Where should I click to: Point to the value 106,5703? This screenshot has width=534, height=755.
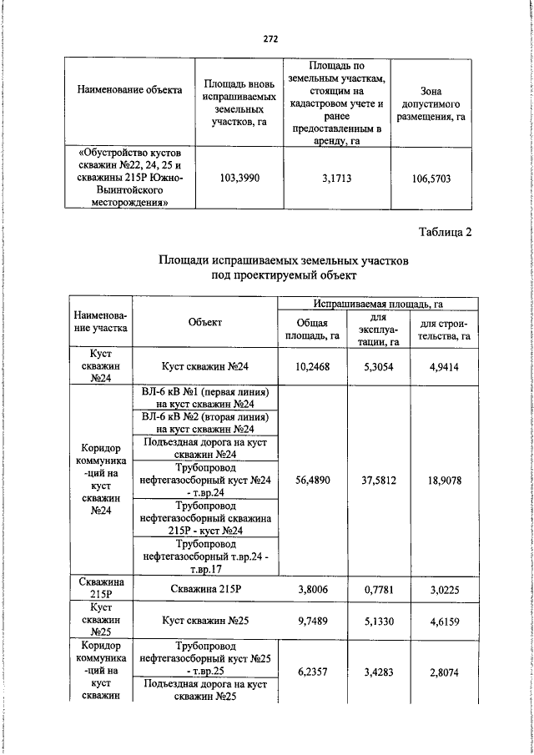point(431,178)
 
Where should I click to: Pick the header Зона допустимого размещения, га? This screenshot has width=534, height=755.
point(431,103)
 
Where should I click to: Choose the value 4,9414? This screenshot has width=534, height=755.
point(444,365)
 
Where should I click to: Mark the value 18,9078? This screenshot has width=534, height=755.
point(444,480)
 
